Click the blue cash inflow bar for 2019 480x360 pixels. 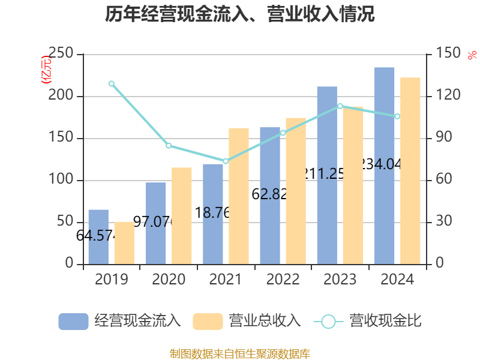98,237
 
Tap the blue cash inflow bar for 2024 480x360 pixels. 385,166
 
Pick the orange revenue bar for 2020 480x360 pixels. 182,216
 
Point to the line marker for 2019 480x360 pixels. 112,84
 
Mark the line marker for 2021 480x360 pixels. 226,161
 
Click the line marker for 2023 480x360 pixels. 340,106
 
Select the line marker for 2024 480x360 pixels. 397,116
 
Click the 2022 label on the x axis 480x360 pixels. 283,280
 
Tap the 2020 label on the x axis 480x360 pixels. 169,280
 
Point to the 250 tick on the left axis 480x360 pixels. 61,54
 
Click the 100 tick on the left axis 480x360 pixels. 61,180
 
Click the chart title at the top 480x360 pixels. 240,14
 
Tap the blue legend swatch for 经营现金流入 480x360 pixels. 73,322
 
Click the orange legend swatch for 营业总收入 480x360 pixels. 208,322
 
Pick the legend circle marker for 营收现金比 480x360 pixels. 328,322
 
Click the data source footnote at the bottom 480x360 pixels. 240,353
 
